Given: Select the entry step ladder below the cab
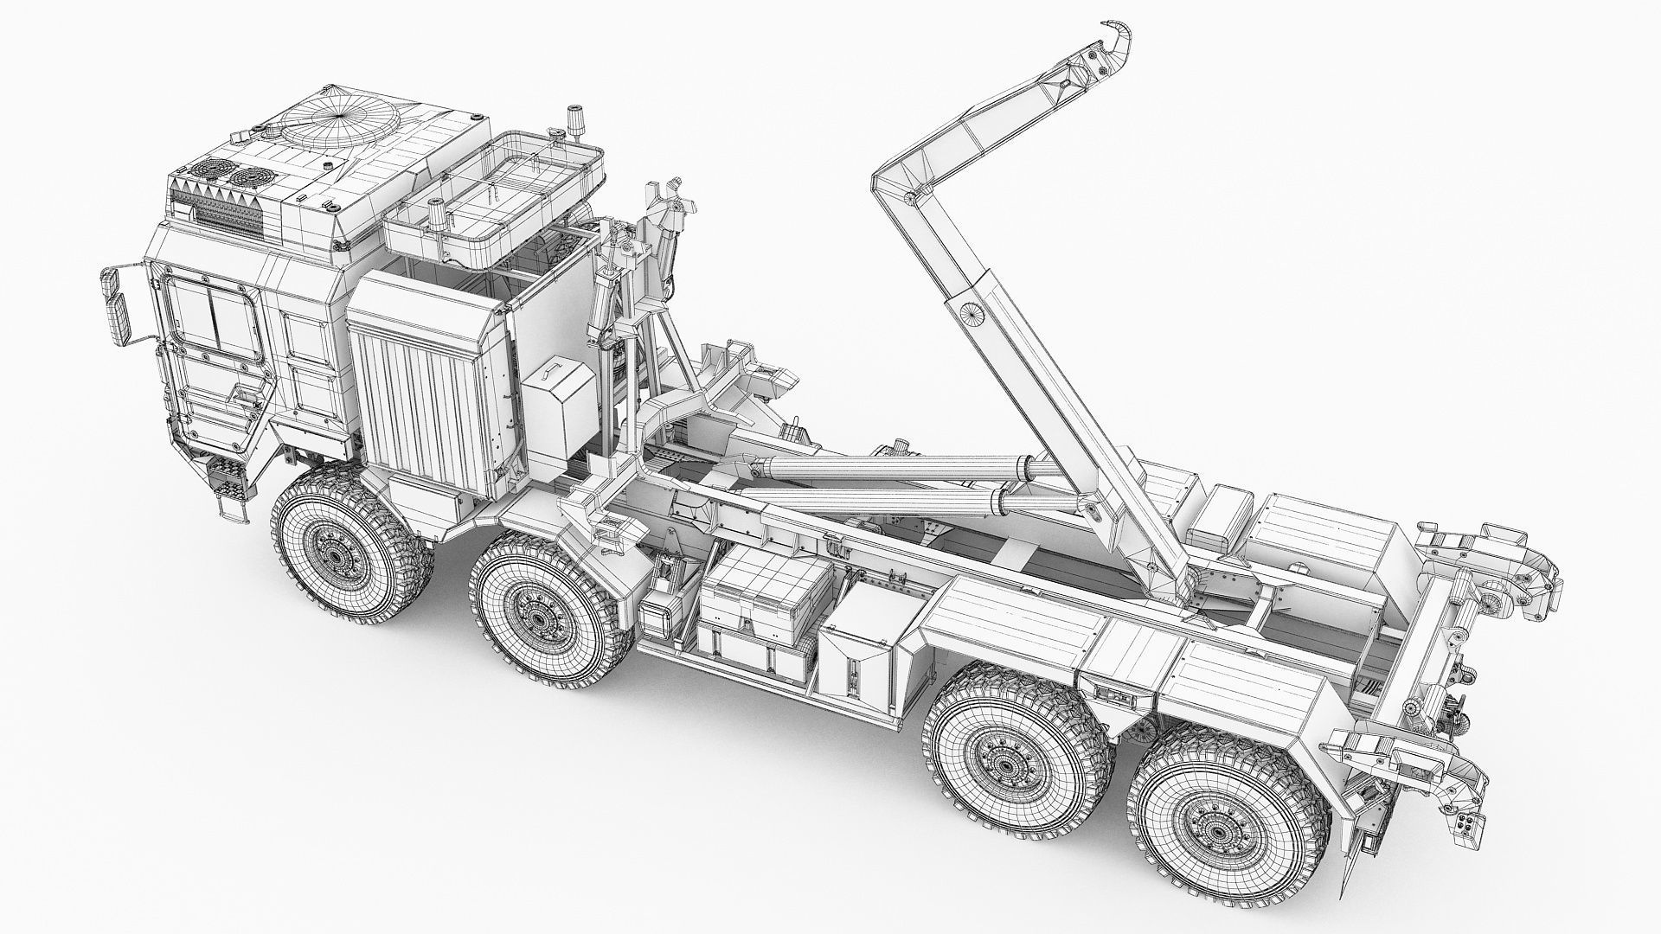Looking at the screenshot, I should (228, 491).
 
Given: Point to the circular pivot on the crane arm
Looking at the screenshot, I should (972, 313).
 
